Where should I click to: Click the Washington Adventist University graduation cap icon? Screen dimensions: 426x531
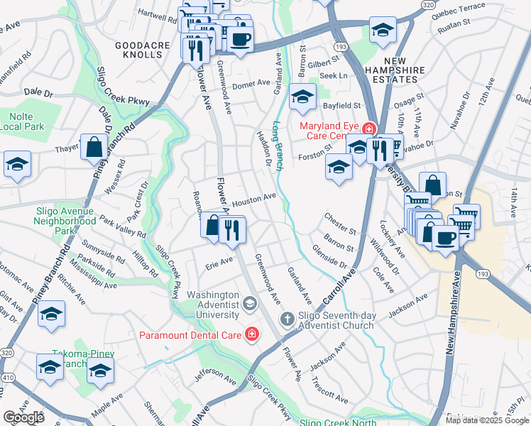coord(249,304)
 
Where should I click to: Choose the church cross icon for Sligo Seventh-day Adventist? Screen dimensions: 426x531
coord(288,319)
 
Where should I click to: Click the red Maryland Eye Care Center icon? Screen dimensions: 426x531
coord(368,129)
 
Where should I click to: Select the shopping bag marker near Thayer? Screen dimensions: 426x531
coord(94,148)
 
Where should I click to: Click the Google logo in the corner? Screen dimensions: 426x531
coord(23,417)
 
